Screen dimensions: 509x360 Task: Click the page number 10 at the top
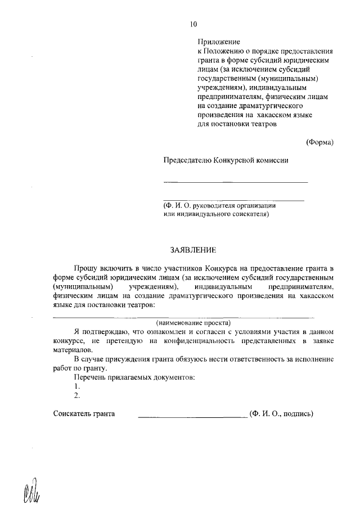pos(193,24)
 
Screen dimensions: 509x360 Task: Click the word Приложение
pos(219,42)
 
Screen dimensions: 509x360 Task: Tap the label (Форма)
pos(319,142)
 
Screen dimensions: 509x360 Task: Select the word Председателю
pos(187,160)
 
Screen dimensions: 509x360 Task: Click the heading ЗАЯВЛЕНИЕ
pos(193,249)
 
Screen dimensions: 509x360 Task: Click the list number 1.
pos(76,386)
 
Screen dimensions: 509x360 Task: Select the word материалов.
pos(72,349)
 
